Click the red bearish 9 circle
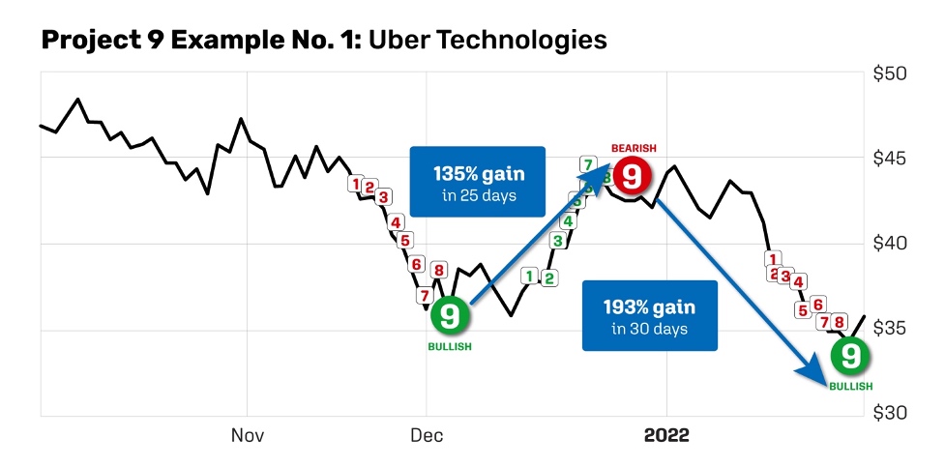631,176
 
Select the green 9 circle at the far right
850,357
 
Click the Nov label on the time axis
248,436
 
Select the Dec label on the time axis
427,436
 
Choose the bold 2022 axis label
666,436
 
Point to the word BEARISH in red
634,148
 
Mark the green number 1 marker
529,277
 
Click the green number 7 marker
587,163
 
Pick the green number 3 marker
557,240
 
